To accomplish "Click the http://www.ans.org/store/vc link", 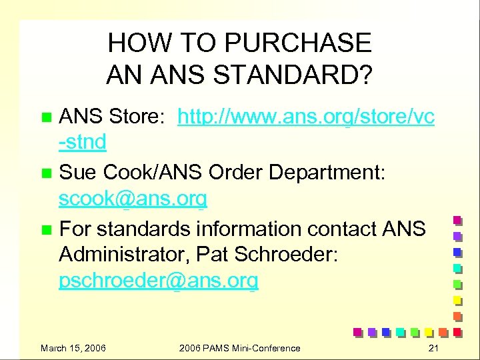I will (306, 117).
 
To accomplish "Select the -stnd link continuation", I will (83, 142).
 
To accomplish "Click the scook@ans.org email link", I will (133, 199).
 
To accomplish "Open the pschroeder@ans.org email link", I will (158, 281).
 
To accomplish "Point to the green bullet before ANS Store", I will (46, 118).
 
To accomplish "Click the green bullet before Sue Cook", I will (46, 173).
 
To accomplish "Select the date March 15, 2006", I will (73, 348).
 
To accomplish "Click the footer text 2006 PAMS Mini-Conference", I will (240, 348).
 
